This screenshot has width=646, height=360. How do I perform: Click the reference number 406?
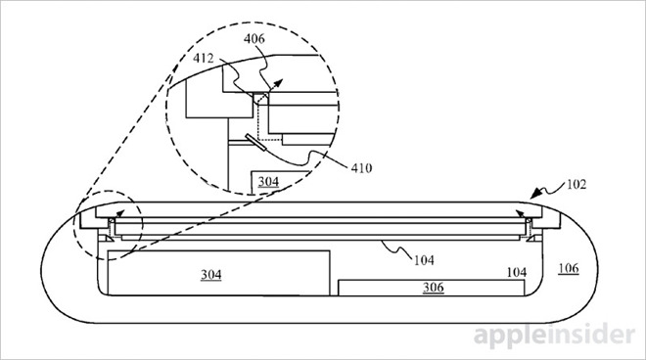point(254,39)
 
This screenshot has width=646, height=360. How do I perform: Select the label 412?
point(204,58)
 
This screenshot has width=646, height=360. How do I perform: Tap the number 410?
point(361,167)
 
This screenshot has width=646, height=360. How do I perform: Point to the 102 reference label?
point(576,184)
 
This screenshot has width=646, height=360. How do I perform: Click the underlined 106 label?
point(569,268)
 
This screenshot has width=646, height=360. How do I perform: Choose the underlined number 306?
point(433,287)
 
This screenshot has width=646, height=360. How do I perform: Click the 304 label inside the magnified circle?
point(268,181)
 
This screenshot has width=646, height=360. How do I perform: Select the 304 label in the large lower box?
point(211,274)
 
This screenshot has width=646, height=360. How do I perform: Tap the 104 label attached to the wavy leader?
point(424,260)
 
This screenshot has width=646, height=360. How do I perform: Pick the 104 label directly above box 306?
point(516,272)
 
